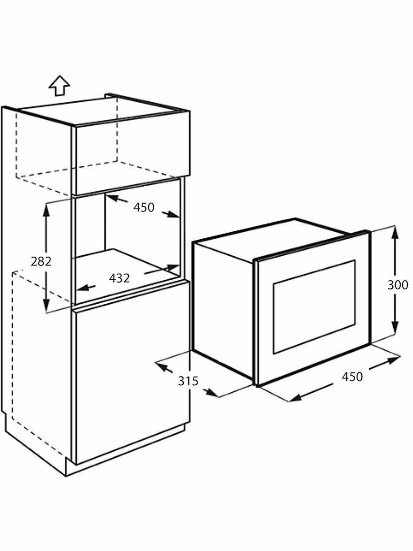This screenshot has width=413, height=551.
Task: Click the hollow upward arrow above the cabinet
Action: [x=59, y=86]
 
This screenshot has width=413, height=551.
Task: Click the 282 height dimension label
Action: [x=41, y=261]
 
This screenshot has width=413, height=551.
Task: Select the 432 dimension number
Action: [x=119, y=278]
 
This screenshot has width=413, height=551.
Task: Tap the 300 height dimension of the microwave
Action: [x=398, y=285]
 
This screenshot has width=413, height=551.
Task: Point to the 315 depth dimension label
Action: [x=188, y=381]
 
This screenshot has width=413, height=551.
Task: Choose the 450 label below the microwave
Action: [x=352, y=377]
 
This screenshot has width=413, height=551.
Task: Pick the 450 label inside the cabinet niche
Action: [x=143, y=207]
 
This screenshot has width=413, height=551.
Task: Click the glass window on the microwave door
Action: [x=314, y=306]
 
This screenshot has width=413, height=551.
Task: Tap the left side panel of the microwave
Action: [x=223, y=308]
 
